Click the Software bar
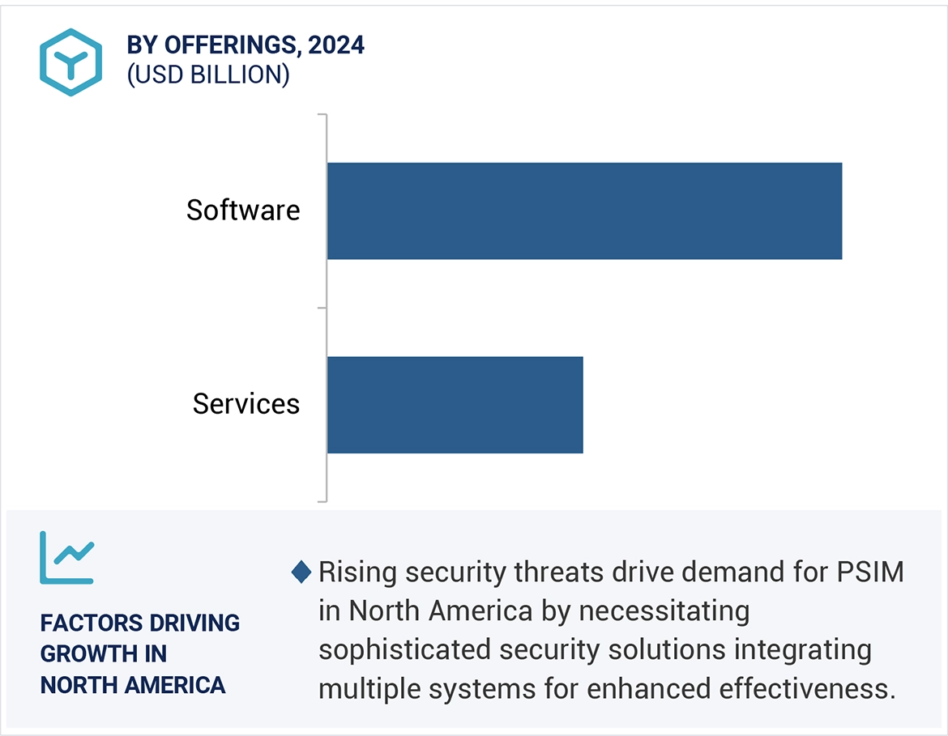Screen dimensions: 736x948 pyautogui.click(x=584, y=211)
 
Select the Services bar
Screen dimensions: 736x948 pyautogui.click(x=455, y=404)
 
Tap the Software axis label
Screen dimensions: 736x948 pyautogui.click(x=243, y=211)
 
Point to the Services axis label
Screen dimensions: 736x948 pyautogui.click(x=246, y=404)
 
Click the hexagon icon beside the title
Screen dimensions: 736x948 pyautogui.click(x=71, y=62)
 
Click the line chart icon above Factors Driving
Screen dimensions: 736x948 pyautogui.click(x=67, y=558)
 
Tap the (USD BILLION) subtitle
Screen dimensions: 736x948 pyautogui.click(x=208, y=74)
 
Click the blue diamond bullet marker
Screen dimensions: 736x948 pyautogui.click(x=301, y=572)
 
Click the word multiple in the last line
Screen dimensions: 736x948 pyautogui.click(x=362, y=689)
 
